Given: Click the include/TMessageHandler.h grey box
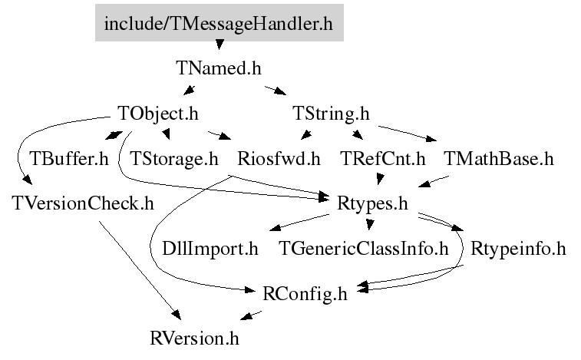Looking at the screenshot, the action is point(220,22).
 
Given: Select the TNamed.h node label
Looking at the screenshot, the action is point(219,68).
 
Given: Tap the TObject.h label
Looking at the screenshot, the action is point(158,114).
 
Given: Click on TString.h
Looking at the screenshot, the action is point(331,114).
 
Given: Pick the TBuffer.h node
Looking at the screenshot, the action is point(69,159).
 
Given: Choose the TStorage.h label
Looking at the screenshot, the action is point(173,159).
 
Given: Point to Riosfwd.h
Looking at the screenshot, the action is point(279,159).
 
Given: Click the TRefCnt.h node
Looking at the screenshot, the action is point(383,159).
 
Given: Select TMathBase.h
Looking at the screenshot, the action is point(499,159).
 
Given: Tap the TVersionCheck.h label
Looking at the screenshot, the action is point(83,203).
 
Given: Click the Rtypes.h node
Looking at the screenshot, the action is point(372,203).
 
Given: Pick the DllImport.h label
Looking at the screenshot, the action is point(210,249).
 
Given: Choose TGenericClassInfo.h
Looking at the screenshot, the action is point(364,249).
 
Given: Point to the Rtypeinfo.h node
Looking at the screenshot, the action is point(518,249).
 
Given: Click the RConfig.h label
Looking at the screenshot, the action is point(305,294).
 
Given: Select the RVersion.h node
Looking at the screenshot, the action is point(194,339).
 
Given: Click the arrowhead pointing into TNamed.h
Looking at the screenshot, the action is point(220,45).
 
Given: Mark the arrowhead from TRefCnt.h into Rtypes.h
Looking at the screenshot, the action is point(379,180).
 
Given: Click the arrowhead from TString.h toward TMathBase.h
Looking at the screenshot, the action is point(431,139).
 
